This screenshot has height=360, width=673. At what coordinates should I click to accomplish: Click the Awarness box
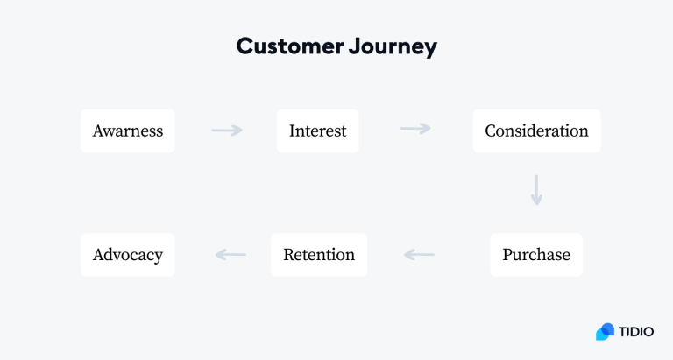point(128,131)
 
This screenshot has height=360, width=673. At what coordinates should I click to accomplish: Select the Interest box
point(317,131)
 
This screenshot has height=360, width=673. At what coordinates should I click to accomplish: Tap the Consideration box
point(536,131)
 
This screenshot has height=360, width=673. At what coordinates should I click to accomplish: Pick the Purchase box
point(535,255)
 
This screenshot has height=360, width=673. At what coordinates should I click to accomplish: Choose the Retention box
point(318,255)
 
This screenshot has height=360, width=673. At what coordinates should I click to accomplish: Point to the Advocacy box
point(128,255)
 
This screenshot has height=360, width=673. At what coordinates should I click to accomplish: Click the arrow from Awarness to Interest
point(227,131)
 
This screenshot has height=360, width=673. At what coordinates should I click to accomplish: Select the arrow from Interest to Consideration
point(415,129)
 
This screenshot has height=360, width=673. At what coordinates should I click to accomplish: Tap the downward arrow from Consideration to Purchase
point(536,190)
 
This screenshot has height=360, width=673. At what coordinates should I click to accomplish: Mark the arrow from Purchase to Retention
point(419,255)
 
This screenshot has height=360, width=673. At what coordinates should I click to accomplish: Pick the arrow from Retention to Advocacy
point(230,255)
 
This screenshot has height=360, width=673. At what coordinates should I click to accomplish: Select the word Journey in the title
point(390,46)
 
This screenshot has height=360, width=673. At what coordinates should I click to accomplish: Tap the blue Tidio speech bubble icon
point(605,332)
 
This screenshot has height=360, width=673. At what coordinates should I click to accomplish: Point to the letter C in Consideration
point(491,131)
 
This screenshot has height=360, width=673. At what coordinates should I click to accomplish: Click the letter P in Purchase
point(507,255)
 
